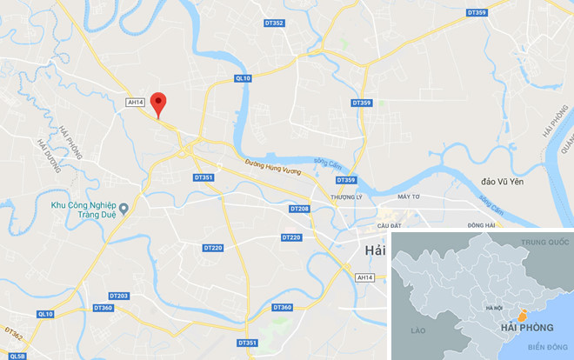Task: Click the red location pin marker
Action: click(157, 103)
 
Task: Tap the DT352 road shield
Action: click(272, 23)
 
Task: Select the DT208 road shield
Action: click(299, 210)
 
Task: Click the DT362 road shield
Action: click(13, 332)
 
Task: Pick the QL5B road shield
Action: click(18, 356)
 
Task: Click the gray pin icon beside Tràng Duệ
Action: click(124, 207)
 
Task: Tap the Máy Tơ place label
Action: click(408, 197)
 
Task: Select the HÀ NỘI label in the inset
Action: click(494, 309)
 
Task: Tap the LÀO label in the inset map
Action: click(418, 330)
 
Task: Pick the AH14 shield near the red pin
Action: click(135, 102)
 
